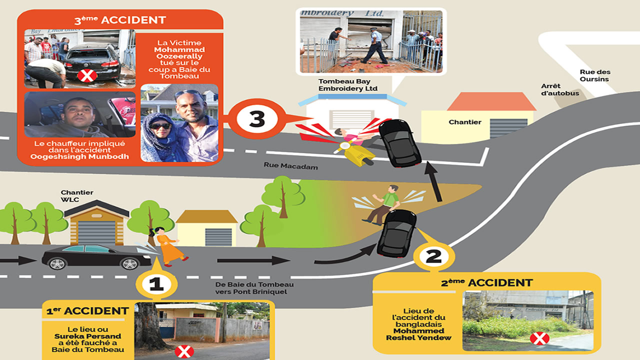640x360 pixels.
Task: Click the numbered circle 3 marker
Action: tap(256, 119)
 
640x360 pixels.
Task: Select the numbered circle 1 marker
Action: tap(156, 284)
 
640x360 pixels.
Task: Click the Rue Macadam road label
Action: tap(290, 166)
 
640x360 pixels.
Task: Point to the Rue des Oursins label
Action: tap(595, 75)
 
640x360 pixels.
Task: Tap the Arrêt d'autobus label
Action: tap(559, 89)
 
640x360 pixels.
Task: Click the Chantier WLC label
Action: tap(77, 196)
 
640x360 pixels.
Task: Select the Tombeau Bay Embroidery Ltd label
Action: tap(347, 85)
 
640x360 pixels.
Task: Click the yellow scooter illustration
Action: tap(355, 153)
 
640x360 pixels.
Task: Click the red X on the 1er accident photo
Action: tap(184, 351)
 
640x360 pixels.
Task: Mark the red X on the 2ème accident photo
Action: tap(539, 339)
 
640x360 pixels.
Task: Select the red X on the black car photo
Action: tap(87, 75)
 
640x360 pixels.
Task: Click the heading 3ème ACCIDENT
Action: tap(120, 20)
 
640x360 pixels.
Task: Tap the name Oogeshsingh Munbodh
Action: tap(79, 156)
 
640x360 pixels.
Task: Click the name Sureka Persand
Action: tap(87, 336)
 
